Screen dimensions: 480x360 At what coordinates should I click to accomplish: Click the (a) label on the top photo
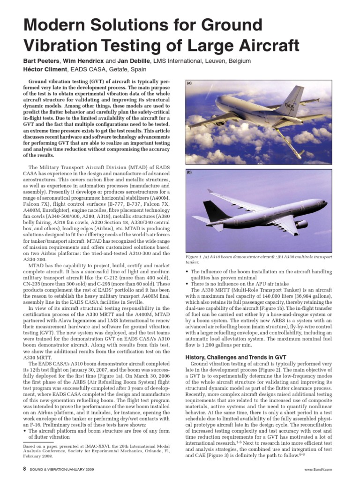[x=190, y=83]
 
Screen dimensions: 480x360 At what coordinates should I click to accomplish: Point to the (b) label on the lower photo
[x=190, y=172]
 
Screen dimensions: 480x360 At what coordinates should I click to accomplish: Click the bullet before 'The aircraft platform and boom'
[x=25, y=430]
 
